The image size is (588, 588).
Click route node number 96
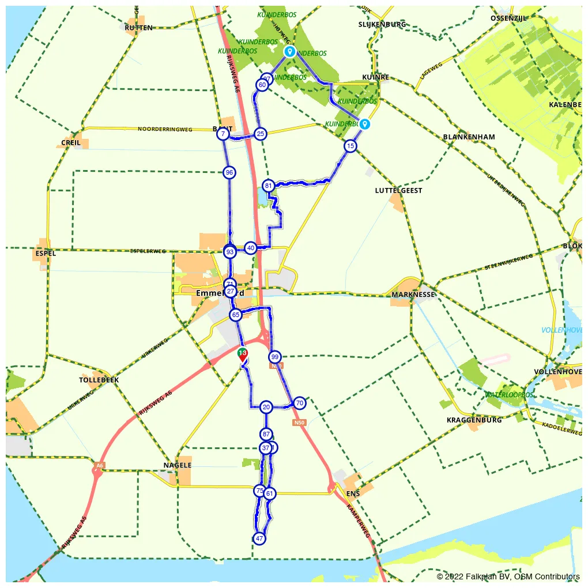pos(229,172)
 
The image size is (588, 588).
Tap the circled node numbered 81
pos(268,186)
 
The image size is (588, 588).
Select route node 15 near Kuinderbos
pos(350,146)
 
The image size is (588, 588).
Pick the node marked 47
pos(259,538)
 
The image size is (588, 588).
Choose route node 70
pos(299,402)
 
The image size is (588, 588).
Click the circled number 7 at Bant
pos(223,134)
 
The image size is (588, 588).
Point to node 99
pos(275,357)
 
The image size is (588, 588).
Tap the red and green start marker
pos(243,355)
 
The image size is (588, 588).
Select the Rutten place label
pos(139,28)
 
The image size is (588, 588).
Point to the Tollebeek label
pos(99,380)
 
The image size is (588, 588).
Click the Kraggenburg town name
pos(474,420)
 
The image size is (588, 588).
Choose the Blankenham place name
pos(469,137)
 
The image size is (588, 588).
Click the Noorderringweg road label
pos(165,130)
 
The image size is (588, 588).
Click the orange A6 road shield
pos(100,465)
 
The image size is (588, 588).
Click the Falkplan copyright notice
pos(508,576)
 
